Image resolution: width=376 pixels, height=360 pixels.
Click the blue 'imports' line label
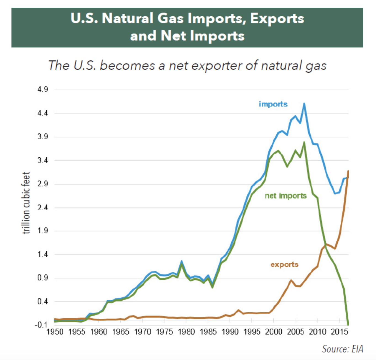[x=273, y=104]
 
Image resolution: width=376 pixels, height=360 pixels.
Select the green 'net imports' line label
[x=286, y=196]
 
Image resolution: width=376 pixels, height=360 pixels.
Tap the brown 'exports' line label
[x=284, y=264]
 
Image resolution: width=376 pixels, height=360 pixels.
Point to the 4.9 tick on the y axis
[x=43, y=89]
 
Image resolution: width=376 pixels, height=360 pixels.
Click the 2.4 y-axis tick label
[x=43, y=207]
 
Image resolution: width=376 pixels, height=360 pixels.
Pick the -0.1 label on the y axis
[x=41, y=325]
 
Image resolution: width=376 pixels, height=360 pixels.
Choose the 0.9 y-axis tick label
[x=43, y=278]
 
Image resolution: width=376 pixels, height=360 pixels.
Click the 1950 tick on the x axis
[x=55, y=332]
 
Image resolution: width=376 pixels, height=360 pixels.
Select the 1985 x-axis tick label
[x=208, y=332]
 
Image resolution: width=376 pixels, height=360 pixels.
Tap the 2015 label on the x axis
[x=340, y=332]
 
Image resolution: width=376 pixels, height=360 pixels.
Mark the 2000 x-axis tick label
[x=274, y=332]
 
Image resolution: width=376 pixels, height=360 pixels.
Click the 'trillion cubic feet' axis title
[x=26, y=203]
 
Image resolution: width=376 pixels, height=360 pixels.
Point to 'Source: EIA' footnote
[x=342, y=349]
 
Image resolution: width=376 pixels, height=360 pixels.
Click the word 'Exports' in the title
[x=277, y=19]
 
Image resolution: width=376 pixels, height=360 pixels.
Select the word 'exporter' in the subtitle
[x=216, y=66]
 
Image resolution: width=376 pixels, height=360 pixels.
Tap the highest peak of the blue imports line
[x=304, y=104]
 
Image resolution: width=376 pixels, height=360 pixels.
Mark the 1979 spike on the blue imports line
[x=182, y=261]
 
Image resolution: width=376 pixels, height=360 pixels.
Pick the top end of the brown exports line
[x=348, y=171]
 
